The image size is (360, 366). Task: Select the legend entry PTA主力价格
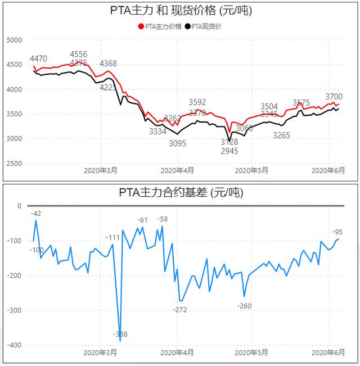(x=163, y=26)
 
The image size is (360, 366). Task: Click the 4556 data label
(x=79, y=55)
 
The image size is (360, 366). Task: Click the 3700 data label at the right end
(x=334, y=97)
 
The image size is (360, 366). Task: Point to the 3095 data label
(x=177, y=143)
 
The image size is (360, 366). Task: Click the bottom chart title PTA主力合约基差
(x=181, y=193)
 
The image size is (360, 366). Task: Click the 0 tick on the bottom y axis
(x=19, y=206)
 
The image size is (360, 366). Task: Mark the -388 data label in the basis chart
(x=119, y=335)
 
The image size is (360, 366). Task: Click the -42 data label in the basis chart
(x=37, y=213)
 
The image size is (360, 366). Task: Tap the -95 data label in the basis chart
(x=337, y=232)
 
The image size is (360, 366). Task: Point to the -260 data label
(x=244, y=305)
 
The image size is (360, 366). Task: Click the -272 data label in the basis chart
(x=180, y=309)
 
